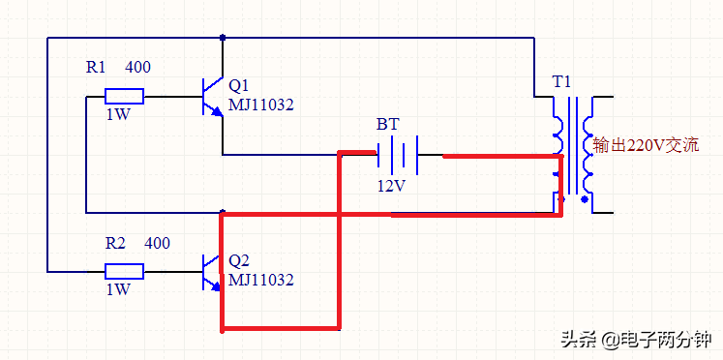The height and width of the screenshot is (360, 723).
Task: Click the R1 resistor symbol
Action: pyautogui.click(x=124, y=96)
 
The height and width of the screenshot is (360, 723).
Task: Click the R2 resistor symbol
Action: pyautogui.click(x=124, y=271)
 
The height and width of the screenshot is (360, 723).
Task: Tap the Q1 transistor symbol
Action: pyautogui.click(x=212, y=96)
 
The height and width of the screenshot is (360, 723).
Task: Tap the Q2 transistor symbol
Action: pyautogui.click(x=212, y=271)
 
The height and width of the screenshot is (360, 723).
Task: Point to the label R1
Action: pyautogui.click(x=97, y=68)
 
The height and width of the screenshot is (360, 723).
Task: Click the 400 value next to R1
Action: pyautogui.click(x=137, y=68)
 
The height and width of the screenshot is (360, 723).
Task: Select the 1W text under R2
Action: pyautogui.click(x=117, y=289)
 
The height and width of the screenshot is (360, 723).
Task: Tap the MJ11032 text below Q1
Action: pyautogui.click(x=261, y=104)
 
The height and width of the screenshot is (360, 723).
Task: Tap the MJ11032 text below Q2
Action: pyautogui.click(x=261, y=280)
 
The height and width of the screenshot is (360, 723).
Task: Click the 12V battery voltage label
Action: pyautogui.click(x=391, y=184)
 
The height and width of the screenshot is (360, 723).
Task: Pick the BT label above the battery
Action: pyautogui.click(x=387, y=125)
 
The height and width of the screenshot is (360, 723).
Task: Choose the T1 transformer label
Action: pyautogui.click(x=562, y=81)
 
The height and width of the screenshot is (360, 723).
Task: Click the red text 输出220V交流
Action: pyautogui.click(x=645, y=146)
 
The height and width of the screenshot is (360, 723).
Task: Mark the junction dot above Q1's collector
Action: pyautogui.click(x=224, y=38)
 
